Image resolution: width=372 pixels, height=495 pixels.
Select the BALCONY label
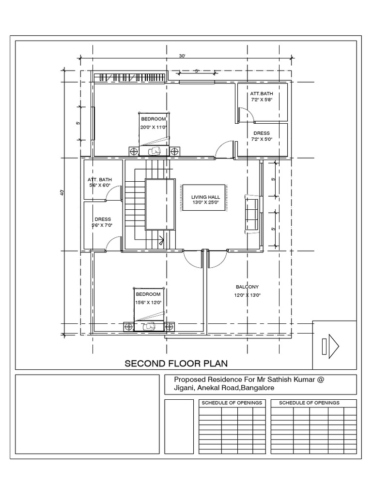coord(247,287)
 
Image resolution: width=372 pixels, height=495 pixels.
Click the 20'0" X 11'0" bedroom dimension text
coord(154,127)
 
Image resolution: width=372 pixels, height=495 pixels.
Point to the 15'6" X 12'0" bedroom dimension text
coord(148,302)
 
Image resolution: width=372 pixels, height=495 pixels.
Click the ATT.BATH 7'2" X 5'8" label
coord(262,96)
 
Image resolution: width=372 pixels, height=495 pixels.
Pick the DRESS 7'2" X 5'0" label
coord(262,136)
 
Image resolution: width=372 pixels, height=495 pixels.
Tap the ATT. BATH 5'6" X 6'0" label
coord(100,182)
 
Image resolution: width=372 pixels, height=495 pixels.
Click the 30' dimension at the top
coord(182,56)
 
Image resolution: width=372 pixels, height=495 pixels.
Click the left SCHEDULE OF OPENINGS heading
coord(232,403)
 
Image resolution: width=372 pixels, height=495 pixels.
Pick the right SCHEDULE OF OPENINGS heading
coord(310,403)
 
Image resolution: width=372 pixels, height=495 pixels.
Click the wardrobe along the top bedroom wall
coord(129,77)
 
